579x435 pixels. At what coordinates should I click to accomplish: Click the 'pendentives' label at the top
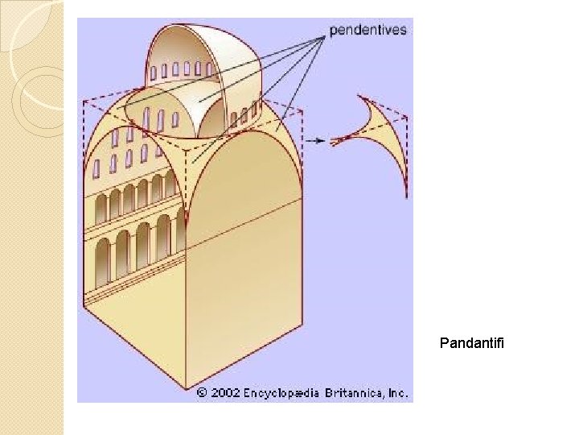pyautogui.click(x=368, y=31)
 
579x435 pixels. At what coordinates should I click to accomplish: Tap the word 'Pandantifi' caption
pyautogui.click(x=472, y=344)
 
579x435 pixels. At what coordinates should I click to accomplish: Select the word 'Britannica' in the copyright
pyautogui.click(x=355, y=393)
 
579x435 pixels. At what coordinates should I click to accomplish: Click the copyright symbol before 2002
pyautogui.click(x=203, y=393)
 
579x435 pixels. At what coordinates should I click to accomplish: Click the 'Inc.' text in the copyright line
pyautogui.click(x=398, y=393)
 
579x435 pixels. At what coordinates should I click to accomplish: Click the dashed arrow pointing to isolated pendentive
pyautogui.click(x=316, y=140)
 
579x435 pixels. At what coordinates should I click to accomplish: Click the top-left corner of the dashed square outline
pyautogui.click(x=84, y=101)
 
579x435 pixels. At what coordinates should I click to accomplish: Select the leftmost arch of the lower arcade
pyautogui.click(x=102, y=267)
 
